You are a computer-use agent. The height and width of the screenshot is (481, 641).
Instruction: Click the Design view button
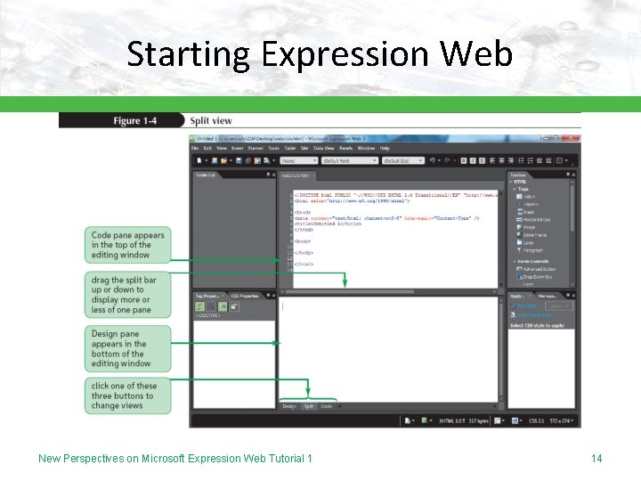coord(289,406)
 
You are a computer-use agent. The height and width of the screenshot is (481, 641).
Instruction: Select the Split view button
coord(309,406)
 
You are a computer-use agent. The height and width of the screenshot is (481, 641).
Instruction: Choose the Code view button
coord(327,406)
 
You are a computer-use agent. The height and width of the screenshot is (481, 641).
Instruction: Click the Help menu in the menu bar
coord(385,148)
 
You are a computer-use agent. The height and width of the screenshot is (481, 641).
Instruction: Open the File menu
coord(195,148)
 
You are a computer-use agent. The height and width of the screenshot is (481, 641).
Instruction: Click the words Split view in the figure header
coord(211,120)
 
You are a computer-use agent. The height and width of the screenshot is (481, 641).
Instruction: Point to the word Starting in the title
coord(188,54)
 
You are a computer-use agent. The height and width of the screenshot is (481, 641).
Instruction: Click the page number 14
coord(596,458)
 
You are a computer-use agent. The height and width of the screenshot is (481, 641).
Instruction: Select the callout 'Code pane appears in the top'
coord(127,245)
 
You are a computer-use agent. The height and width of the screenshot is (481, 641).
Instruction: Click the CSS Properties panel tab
coord(244,295)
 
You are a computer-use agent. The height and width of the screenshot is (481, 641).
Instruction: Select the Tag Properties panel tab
coord(208,295)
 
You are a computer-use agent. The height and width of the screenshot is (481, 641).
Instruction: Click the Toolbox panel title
coord(518,175)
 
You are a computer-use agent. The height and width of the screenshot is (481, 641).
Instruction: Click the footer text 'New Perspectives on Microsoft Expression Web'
coord(174,458)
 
